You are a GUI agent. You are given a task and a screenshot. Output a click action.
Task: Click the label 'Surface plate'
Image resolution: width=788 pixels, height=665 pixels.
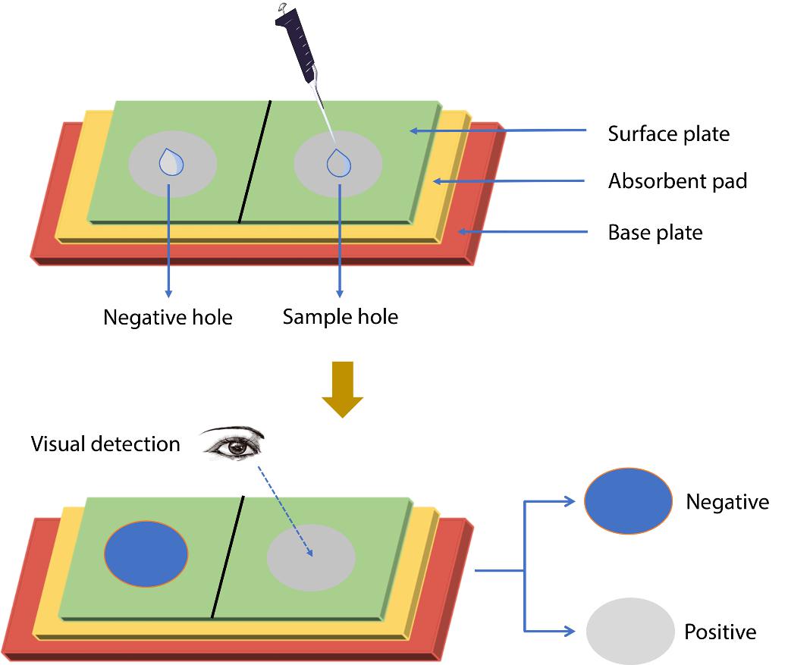(x=668, y=134)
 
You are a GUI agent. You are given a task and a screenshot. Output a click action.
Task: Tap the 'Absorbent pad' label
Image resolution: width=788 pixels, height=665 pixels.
(x=677, y=181)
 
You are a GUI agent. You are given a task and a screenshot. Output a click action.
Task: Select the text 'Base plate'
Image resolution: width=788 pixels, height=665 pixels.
(x=655, y=232)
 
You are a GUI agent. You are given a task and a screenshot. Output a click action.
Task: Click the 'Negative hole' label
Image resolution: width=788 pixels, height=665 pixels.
(x=168, y=316)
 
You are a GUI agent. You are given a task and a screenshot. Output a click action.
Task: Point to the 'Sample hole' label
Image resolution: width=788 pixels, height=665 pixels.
(x=340, y=315)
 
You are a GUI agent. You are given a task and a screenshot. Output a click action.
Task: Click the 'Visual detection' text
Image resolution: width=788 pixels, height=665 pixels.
(x=105, y=444)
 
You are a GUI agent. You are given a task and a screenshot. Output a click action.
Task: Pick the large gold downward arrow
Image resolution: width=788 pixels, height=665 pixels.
(x=343, y=389)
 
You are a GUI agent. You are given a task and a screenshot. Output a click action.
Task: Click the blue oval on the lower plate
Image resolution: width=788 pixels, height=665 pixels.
(x=146, y=554)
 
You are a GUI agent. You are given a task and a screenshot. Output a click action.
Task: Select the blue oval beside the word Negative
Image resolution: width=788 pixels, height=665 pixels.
(x=628, y=500)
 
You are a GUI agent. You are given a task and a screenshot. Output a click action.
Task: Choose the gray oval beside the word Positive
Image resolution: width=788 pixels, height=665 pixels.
(x=630, y=631)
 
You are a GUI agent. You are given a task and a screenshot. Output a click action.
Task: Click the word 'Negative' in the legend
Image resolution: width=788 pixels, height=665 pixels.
(x=727, y=501)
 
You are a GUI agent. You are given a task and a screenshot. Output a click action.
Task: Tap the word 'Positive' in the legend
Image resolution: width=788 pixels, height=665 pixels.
(x=720, y=632)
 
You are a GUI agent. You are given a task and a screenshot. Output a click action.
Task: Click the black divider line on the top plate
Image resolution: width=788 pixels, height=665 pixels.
(x=254, y=162)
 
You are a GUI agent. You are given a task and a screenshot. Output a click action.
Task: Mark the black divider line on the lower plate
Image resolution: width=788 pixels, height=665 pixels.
(x=228, y=557)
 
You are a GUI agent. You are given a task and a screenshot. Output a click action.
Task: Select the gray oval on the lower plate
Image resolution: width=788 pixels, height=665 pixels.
(x=311, y=557)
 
